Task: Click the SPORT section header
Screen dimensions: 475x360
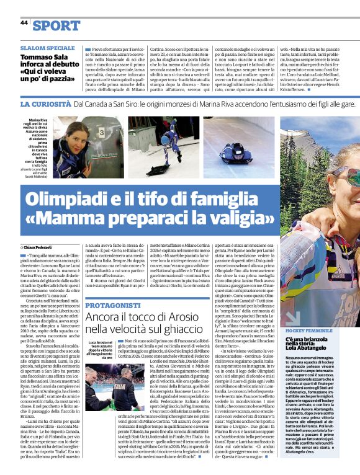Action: pos(56,25)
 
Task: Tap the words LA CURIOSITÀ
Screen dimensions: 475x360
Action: pos(44,105)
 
